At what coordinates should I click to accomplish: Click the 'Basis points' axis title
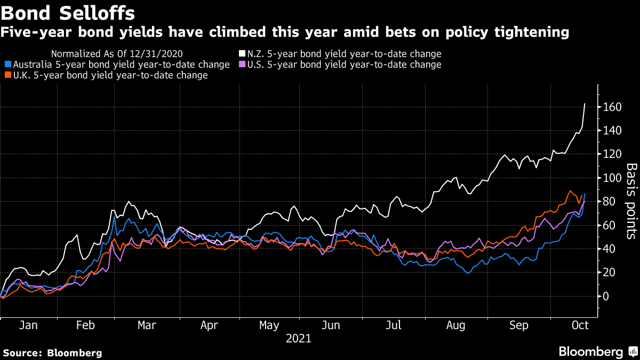[631, 201]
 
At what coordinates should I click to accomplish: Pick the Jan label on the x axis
[28, 325]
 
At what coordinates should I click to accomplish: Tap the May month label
[268, 325]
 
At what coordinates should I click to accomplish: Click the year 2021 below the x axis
[299, 338]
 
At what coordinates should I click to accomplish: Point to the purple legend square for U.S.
[242, 65]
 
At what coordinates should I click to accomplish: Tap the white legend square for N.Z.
[242, 54]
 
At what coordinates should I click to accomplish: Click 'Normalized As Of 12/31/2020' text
[116, 54]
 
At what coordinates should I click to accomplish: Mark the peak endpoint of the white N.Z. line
[585, 103]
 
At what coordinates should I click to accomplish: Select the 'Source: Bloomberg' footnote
[52, 353]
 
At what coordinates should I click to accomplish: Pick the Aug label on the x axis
[455, 325]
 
